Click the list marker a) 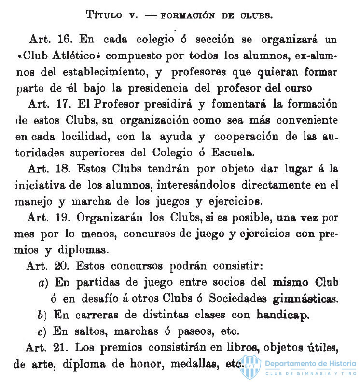42,283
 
